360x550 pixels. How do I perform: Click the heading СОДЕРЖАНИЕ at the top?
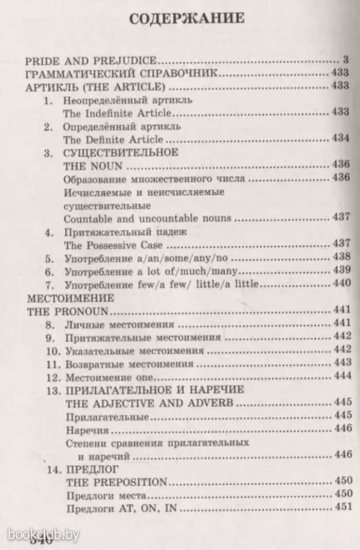click(186, 20)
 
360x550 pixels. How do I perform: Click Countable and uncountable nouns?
click(147, 218)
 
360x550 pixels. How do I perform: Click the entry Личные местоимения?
click(119, 324)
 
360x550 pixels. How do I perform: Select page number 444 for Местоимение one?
click(341, 377)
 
